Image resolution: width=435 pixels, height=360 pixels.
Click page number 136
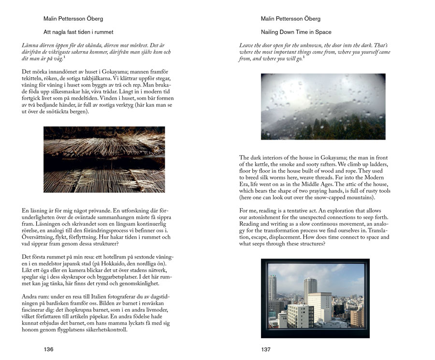coord(48,349)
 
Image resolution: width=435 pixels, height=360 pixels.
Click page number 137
coord(265,349)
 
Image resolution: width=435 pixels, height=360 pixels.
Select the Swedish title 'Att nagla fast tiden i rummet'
coord(78,32)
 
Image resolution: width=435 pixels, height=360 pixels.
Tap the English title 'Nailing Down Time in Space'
coord(296,32)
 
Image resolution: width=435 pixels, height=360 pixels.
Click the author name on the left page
coord(73,19)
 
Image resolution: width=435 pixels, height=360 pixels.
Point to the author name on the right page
coord(290,19)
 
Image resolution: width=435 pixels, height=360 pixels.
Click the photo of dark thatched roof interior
coord(104,159)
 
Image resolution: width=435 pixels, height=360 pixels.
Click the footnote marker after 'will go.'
coord(304,58)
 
